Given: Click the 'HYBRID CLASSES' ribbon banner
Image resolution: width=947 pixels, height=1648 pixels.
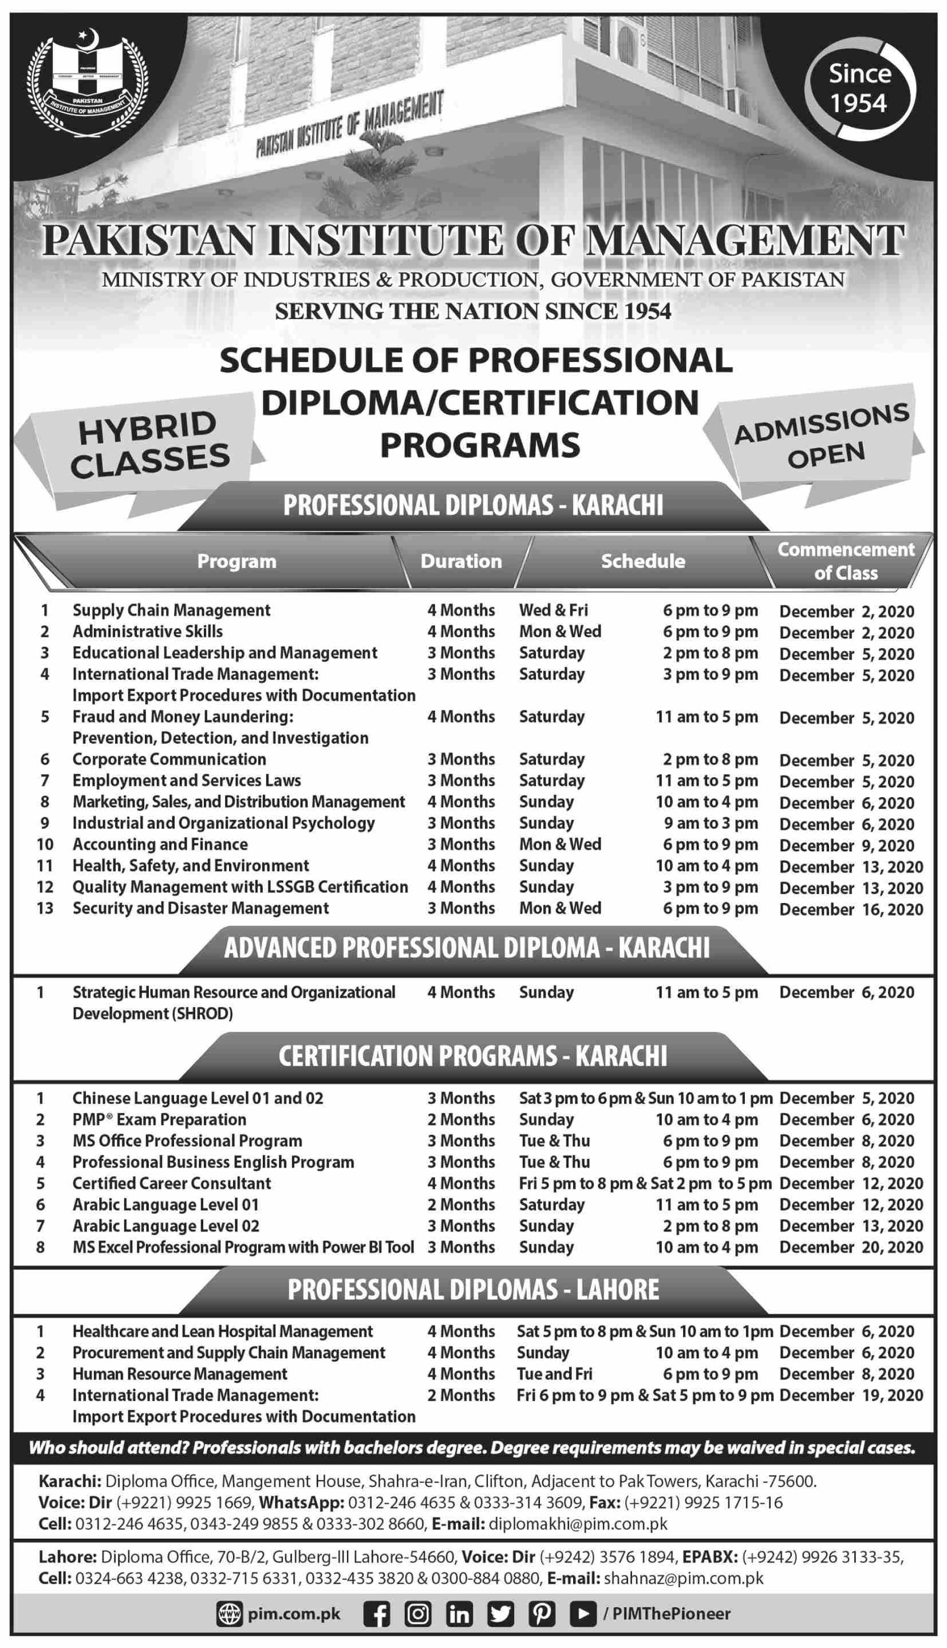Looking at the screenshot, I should click(149, 445).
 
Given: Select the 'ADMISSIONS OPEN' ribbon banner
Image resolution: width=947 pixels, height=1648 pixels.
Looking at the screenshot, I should click(822, 436).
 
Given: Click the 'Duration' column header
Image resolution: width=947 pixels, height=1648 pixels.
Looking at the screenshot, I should click(461, 561).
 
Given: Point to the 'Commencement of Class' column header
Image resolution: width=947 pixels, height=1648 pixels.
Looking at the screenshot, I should click(846, 561).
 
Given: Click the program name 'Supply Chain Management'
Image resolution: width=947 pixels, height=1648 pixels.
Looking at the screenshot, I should click(171, 610).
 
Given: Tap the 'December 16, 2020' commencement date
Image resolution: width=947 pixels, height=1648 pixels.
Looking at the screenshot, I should click(851, 909).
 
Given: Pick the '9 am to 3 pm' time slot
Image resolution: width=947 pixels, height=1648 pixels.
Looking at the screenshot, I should click(711, 823).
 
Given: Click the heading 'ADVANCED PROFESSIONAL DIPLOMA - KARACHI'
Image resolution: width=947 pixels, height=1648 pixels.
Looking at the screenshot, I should click(467, 948).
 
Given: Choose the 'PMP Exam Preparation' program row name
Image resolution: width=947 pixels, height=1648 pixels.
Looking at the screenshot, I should click(159, 1120).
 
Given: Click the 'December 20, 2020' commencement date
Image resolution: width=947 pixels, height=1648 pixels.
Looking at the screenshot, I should click(851, 1247).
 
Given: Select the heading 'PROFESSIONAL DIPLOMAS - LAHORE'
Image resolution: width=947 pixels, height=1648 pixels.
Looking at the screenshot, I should click(473, 1290).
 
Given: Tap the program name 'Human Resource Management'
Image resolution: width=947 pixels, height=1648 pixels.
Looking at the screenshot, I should click(180, 1374).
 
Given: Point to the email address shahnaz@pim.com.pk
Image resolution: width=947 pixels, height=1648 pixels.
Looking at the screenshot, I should click(684, 1578).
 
